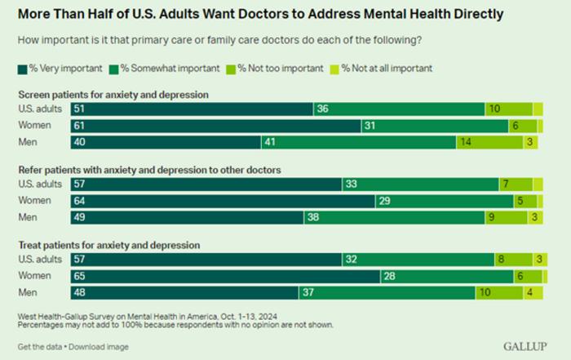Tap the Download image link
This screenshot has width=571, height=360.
click(100, 345)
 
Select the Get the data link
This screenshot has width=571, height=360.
click(41, 345)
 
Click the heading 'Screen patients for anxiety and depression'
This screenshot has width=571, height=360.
click(113, 95)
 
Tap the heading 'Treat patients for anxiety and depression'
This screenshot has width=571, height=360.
click(109, 245)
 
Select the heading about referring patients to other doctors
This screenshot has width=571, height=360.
click(149, 170)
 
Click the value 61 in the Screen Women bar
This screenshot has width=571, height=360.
click(78, 126)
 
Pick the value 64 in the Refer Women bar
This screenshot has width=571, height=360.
click(78, 201)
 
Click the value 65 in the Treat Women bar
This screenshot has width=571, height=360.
click(78, 276)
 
